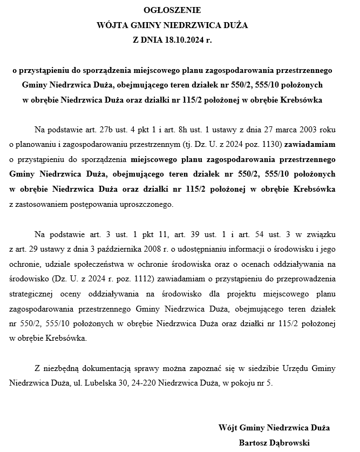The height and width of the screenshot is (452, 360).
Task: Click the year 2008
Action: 171,249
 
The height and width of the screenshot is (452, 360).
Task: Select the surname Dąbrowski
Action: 291,443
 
